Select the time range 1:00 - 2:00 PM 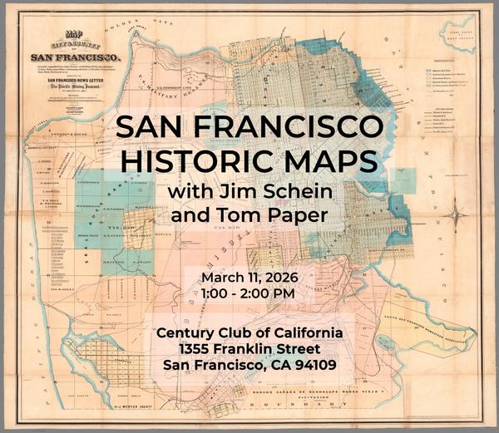point(249,293)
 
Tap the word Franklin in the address point(255,348)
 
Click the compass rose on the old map point(455,216)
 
